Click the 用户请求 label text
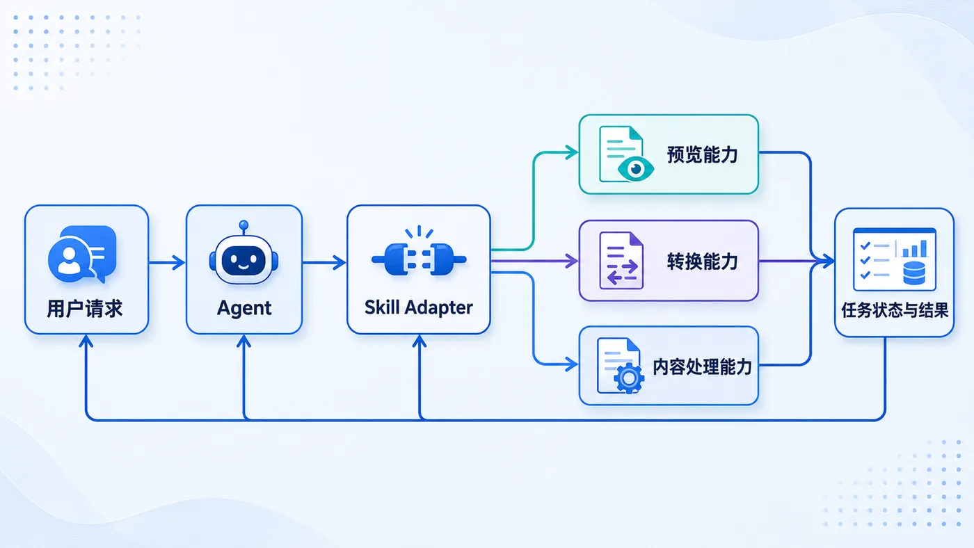(85, 309)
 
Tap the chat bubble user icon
(82, 254)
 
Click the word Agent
(244, 309)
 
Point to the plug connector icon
(419, 254)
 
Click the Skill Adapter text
(418, 307)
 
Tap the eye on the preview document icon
(636, 169)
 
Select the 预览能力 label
(702, 155)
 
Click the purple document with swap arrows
(621, 261)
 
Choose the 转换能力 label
(702, 261)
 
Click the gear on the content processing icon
(629, 378)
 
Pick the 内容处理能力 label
(702, 367)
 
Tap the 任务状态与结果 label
(895, 310)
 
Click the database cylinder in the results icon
(914, 273)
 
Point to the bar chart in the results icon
(914, 248)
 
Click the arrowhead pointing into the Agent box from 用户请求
(179, 262)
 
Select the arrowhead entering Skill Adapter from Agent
(340, 262)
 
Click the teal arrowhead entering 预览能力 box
(571, 152)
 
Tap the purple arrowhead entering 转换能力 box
(571, 261)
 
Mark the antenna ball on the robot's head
(244, 225)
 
